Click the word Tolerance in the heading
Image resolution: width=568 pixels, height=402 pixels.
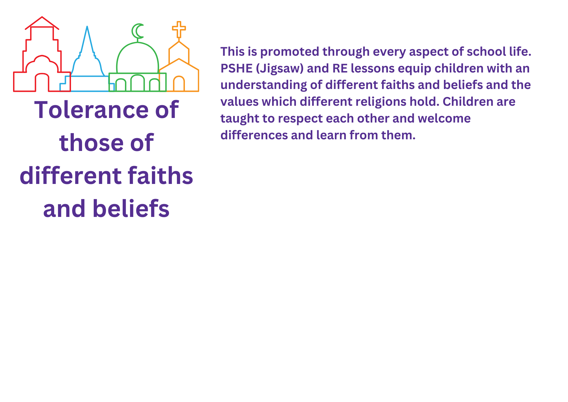tap(91, 110)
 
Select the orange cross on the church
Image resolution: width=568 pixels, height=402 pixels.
tap(179, 30)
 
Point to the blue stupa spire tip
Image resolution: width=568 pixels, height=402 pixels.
tap(87, 26)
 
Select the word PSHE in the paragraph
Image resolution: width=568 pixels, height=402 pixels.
tap(237, 69)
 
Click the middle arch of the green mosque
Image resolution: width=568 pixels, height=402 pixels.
tap(137, 75)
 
